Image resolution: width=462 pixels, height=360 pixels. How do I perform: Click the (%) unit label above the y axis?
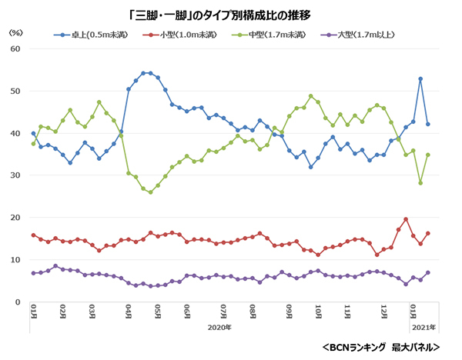pos(15,34)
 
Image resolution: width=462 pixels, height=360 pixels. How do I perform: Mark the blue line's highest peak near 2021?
pos(420,79)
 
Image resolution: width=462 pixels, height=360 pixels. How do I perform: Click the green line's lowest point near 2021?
pos(420,183)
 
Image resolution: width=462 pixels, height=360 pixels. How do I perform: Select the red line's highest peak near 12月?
pos(406,219)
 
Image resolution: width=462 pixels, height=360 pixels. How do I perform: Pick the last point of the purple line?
pos(428,273)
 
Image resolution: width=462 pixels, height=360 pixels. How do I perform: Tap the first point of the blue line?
pos(33,134)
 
